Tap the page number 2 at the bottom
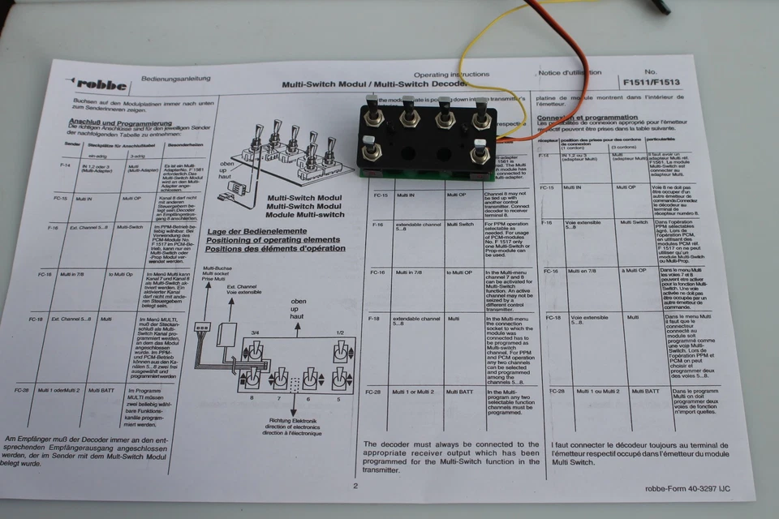click(355, 486)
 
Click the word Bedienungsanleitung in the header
click(175, 79)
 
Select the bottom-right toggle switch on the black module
click(480, 152)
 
